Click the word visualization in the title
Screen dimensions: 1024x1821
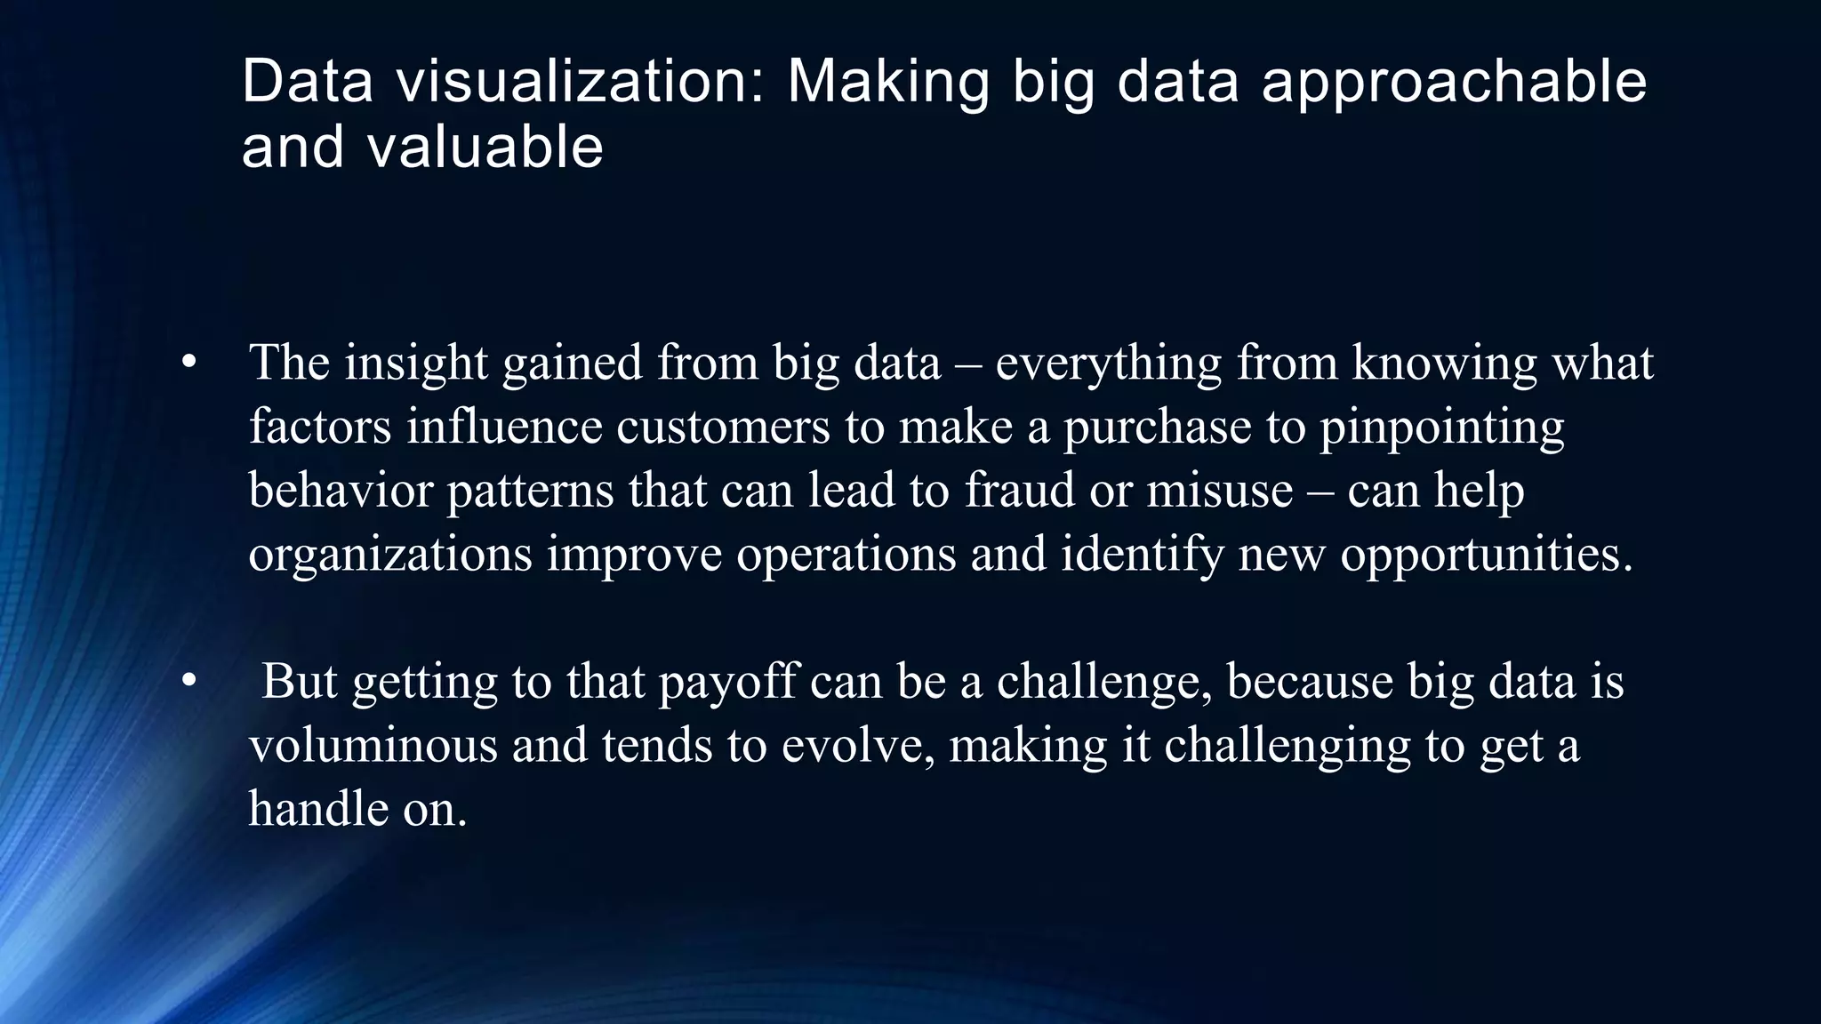580,82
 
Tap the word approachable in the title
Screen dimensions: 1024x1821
1454,82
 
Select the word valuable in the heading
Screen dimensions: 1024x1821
485,147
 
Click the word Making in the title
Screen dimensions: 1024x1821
887,82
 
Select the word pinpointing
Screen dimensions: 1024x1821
1441,427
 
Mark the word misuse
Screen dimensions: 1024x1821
1219,490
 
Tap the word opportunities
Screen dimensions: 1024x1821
1486,554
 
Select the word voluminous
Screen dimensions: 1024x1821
373,745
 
